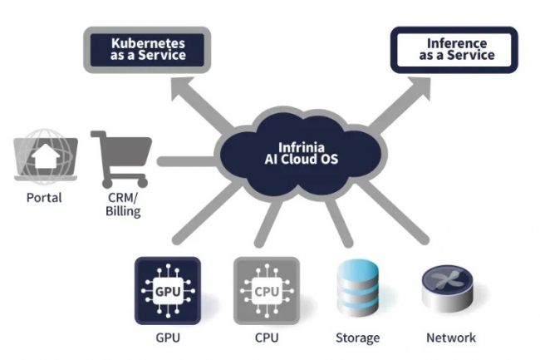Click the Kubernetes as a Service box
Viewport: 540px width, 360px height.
[x=147, y=49]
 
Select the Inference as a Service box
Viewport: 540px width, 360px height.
[x=454, y=49]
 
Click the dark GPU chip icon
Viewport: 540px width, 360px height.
[x=167, y=290]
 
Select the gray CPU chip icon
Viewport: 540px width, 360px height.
[x=266, y=290]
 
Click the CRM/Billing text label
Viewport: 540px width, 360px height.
[x=123, y=205]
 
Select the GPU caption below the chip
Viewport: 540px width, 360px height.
[x=167, y=338]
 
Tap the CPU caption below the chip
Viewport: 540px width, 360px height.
[x=266, y=338]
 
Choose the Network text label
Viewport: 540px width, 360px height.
[x=451, y=338]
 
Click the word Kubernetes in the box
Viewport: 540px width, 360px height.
[x=147, y=42]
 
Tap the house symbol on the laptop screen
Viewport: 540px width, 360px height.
[x=46, y=155]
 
